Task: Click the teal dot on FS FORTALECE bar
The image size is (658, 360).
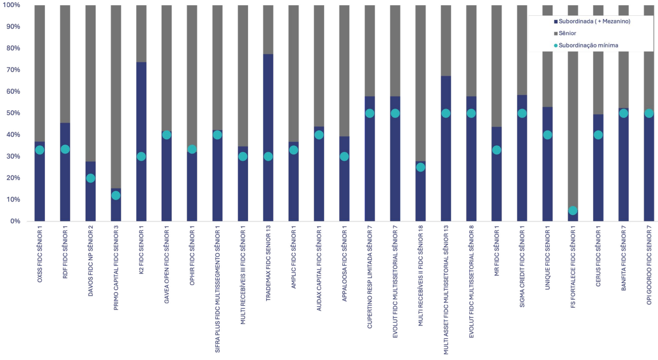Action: (573, 210)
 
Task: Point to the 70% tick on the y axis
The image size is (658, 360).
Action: (13, 70)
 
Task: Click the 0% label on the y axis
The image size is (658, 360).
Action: (14, 221)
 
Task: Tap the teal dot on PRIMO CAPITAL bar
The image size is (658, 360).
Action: (116, 196)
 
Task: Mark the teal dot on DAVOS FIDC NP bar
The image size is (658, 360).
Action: (90, 178)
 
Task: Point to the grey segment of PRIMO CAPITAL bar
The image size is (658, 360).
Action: (116, 96)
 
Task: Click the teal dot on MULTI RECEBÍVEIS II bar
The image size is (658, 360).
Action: (421, 167)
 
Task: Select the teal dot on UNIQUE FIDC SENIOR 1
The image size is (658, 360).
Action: (548, 135)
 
